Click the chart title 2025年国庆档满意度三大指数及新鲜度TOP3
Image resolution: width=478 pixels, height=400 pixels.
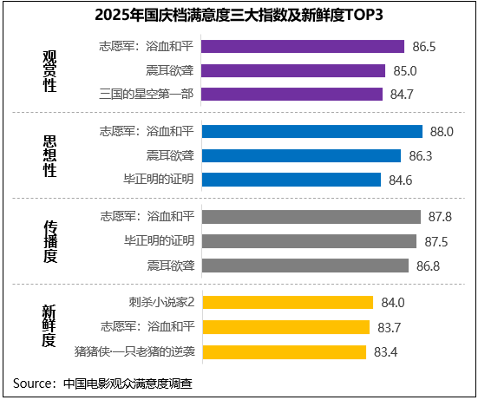[x=239, y=15]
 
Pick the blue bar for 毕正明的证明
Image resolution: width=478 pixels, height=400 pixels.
[x=290, y=180]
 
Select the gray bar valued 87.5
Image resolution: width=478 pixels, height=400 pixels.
[x=308, y=241]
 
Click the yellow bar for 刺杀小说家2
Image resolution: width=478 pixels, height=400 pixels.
[x=286, y=302]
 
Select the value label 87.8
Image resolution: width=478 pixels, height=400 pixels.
[x=434, y=217]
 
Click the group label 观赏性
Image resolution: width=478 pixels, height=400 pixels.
[x=50, y=71]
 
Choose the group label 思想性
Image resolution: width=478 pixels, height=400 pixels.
[x=50, y=156]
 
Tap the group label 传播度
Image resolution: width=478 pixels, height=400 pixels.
[x=50, y=241]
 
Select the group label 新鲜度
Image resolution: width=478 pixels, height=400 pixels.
[x=50, y=326]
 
